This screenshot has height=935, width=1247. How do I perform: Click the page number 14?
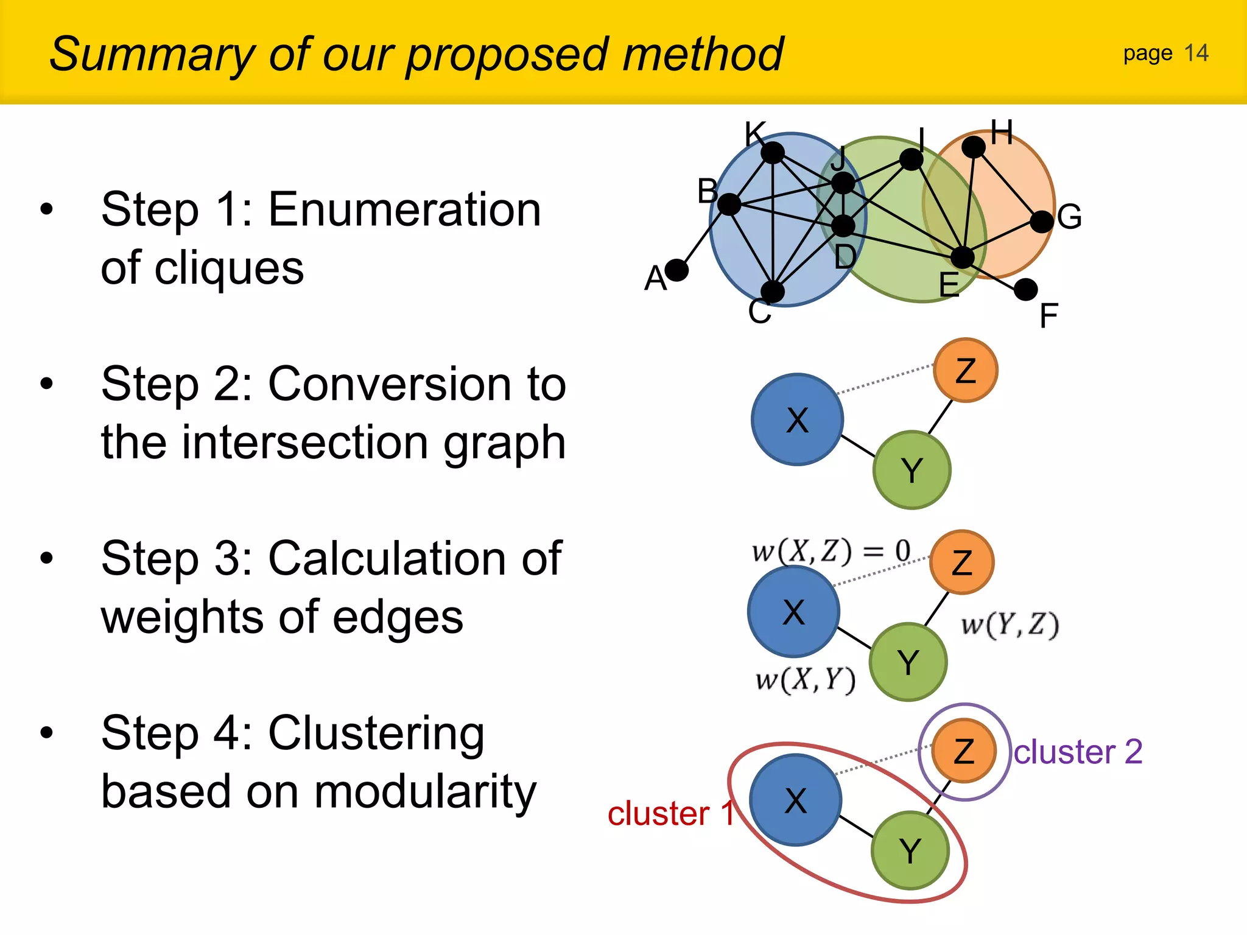pos(1196,54)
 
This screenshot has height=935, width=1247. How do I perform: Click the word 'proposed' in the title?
pos(507,55)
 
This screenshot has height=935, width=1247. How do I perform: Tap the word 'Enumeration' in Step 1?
pos(404,209)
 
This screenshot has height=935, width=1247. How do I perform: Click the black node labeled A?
pos(676,270)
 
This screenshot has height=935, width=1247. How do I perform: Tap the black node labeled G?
pos(1042,222)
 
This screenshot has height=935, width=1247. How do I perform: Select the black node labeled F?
pos(1026,290)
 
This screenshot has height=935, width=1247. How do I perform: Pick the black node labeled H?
pos(973,147)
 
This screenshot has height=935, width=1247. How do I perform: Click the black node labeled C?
pos(773,292)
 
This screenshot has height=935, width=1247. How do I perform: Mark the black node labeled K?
pos(773,152)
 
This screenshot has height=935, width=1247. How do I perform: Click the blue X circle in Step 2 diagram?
pos(797,419)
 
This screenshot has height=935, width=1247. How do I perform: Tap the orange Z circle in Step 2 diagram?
pos(965,370)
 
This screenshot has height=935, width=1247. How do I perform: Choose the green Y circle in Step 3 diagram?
pos(908,662)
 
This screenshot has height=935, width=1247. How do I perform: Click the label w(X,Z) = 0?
pos(831,551)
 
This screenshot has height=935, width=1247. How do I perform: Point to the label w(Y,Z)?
pos(1010,625)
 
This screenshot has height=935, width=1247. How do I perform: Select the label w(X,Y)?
pos(806,679)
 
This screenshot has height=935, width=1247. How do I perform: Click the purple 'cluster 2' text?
pos(1078,752)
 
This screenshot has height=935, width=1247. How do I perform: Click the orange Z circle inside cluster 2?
pos(964,751)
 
